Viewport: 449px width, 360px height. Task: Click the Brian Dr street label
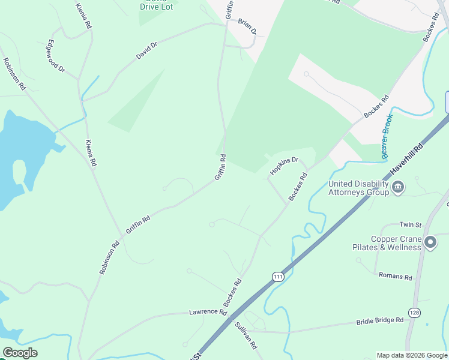(x=247, y=26)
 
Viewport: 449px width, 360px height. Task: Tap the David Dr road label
(x=146, y=50)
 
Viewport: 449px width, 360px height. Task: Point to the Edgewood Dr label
(x=56, y=56)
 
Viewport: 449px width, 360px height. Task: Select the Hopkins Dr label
(x=284, y=166)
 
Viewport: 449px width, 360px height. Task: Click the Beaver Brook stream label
(x=386, y=137)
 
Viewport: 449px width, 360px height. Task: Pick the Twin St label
(x=411, y=224)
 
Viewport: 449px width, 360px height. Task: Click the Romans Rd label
(x=396, y=277)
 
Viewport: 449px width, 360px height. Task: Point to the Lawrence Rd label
(x=208, y=313)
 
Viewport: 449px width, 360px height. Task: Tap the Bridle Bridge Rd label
(x=380, y=321)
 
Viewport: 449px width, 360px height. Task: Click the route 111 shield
(x=277, y=277)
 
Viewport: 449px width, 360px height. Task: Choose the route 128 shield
(x=414, y=313)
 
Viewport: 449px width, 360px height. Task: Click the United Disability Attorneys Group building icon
(x=397, y=188)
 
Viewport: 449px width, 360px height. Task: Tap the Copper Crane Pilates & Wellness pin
(x=430, y=242)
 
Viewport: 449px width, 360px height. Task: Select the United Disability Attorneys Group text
(x=358, y=188)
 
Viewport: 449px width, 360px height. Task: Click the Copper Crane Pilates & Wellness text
(x=396, y=243)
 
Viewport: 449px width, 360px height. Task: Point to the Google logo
(x=20, y=353)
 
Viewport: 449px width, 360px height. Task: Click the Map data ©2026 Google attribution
(x=412, y=355)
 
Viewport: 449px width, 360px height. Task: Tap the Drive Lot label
(x=157, y=7)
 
